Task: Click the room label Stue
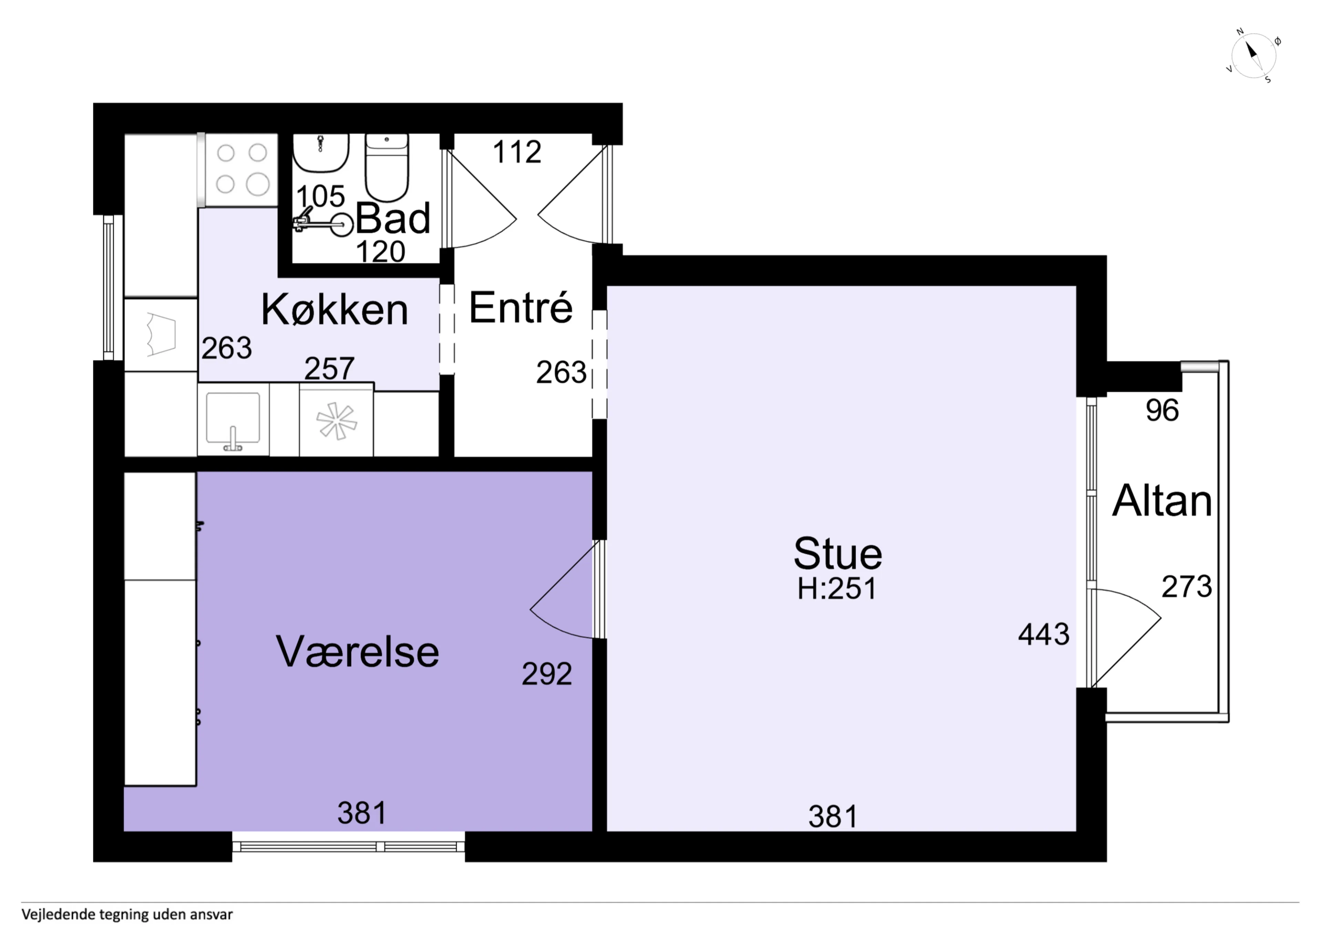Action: [838, 554]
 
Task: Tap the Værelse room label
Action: [358, 652]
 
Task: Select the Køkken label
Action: [335, 309]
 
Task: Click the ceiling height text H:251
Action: [837, 589]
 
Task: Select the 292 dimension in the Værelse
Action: [547, 674]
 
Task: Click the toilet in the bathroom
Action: [387, 167]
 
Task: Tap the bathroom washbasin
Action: [321, 153]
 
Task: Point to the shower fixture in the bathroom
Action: [323, 223]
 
